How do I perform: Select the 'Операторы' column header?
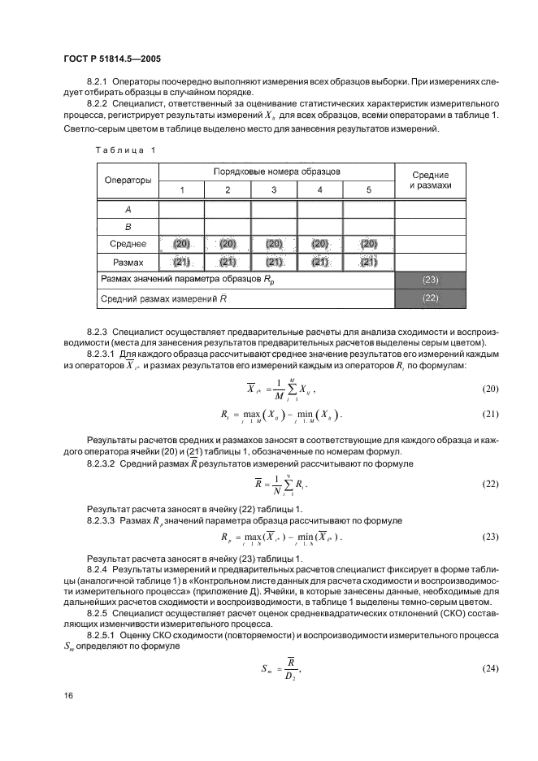tap(127, 179)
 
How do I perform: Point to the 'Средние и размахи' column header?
tap(431, 180)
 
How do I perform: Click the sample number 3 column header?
tap(273, 189)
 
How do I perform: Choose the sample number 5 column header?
tap(368, 189)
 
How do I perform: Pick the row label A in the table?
tap(127, 208)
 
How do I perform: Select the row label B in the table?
tap(127, 226)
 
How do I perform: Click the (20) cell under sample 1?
tap(180, 244)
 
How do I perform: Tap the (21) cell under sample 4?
tap(320, 262)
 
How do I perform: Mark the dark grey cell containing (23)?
tap(431, 280)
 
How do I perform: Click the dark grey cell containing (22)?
tap(431, 298)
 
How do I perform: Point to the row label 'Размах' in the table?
tap(127, 262)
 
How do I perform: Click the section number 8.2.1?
tap(98, 82)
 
